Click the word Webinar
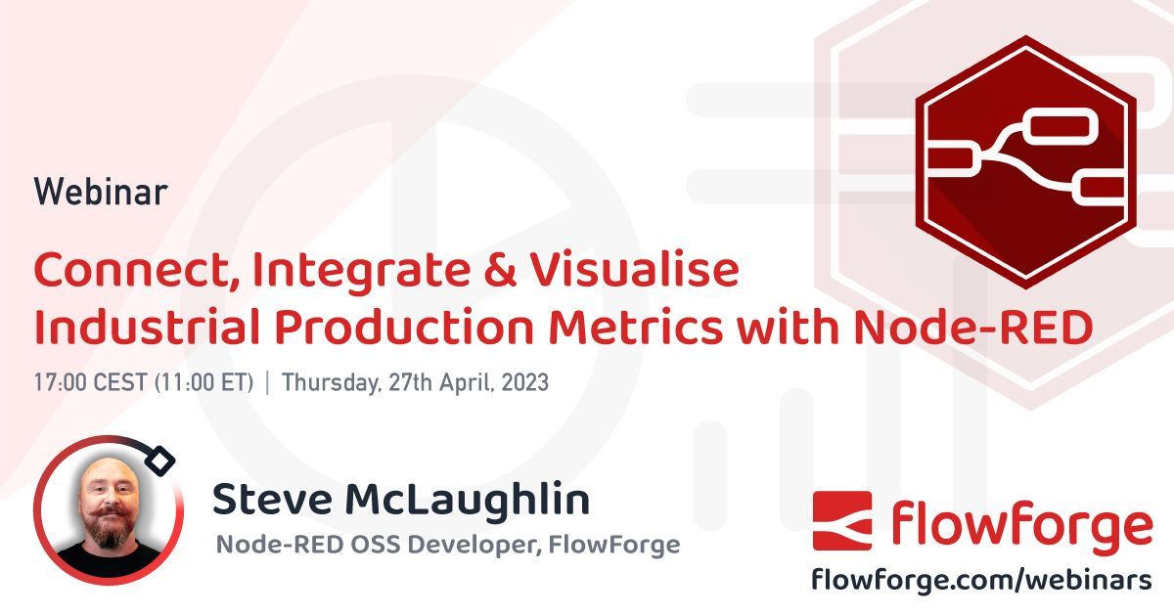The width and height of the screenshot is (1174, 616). (101, 192)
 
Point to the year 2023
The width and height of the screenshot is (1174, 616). (524, 382)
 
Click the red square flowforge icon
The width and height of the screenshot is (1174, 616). (841, 521)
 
